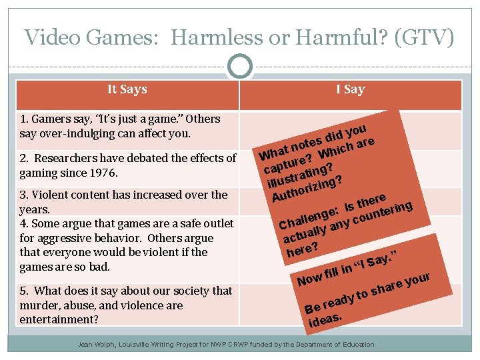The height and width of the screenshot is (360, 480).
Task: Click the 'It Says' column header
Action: tap(127, 89)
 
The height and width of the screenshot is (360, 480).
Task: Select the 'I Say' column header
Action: tap(350, 89)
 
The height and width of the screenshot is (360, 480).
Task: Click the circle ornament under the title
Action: tap(240, 66)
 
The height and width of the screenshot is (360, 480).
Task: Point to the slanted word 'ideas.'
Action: tap(325, 321)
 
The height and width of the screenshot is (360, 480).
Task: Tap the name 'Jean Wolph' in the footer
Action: tap(97, 345)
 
